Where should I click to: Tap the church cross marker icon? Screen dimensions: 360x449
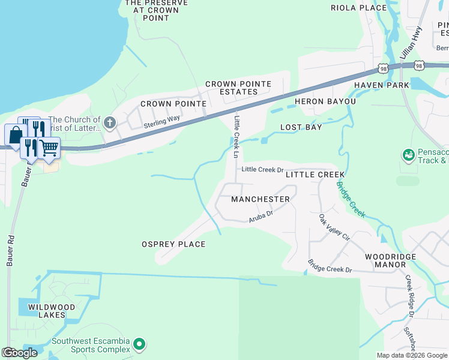coord(109,124)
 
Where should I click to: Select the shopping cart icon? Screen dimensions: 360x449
coord(49,147)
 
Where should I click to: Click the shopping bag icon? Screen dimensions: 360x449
coord(14,134)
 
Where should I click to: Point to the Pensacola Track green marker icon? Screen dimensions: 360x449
coord(409,155)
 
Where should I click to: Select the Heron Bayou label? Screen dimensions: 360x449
coord(325,101)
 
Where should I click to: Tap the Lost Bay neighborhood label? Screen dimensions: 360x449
coord(301,127)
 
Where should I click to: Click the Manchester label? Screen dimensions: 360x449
coord(260,199)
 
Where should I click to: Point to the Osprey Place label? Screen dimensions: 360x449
coord(173,244)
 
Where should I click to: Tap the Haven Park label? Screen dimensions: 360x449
coord(381,85)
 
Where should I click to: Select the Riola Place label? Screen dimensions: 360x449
coord(358,8)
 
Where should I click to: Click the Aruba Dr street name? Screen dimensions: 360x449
coord(261,217)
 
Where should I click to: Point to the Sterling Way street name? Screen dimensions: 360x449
coord(161,122)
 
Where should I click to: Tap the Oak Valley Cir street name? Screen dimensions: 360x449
coord(333,227)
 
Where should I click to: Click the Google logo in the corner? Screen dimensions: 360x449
coord(20,353)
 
